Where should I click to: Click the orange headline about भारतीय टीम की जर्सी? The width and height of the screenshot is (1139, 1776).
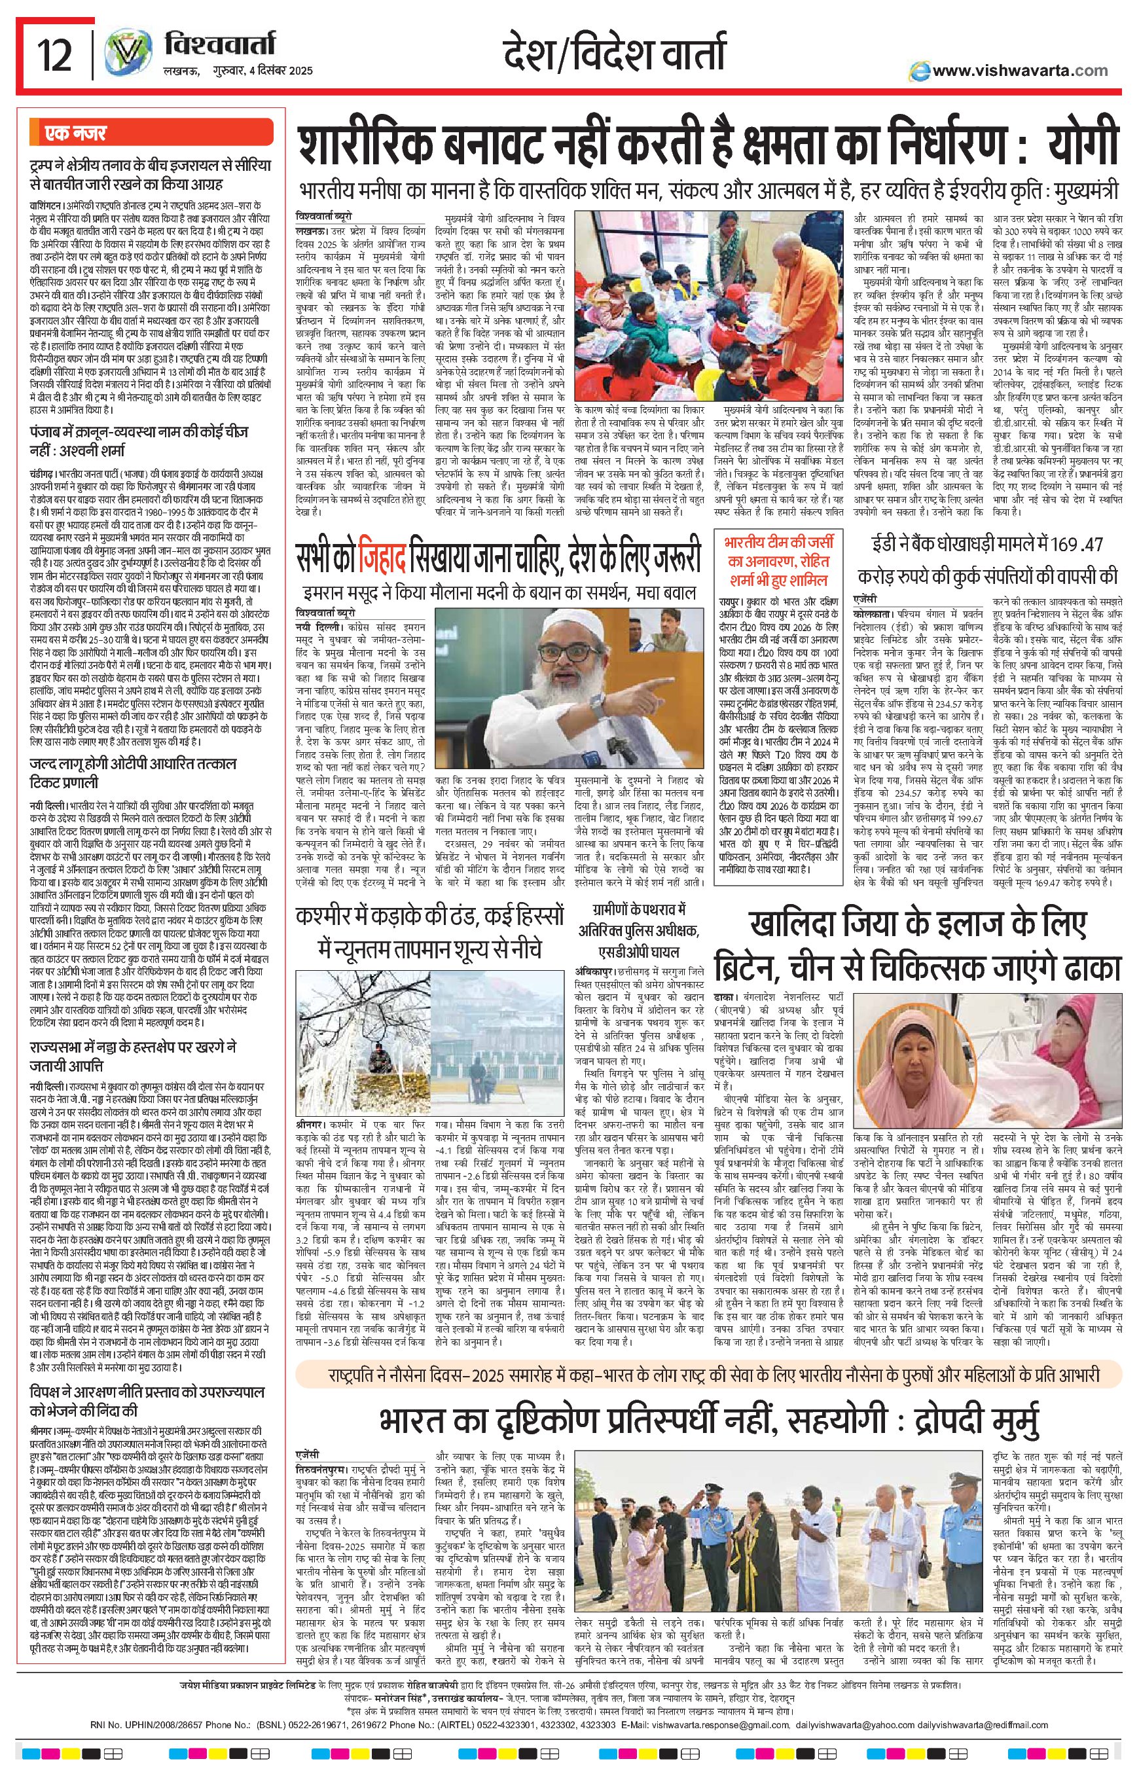click(x=777, y=559)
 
